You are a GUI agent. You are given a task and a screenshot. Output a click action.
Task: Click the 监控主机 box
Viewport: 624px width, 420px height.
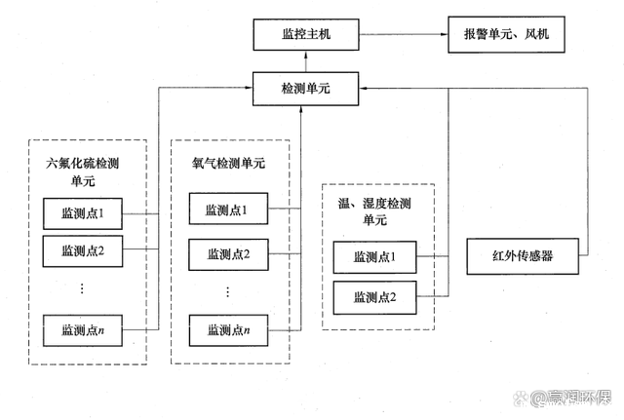tap(306, 35)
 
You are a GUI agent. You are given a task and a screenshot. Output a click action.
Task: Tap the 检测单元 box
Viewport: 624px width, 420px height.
tap(306, 89)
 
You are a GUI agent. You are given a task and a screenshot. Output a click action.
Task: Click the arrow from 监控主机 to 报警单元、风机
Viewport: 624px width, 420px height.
tap(403, 35)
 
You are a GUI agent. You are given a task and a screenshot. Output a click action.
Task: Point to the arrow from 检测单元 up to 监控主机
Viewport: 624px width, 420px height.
tap(306, 61)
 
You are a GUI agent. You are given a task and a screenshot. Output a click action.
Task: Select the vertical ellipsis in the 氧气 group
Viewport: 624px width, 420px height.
tap(227, 292)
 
